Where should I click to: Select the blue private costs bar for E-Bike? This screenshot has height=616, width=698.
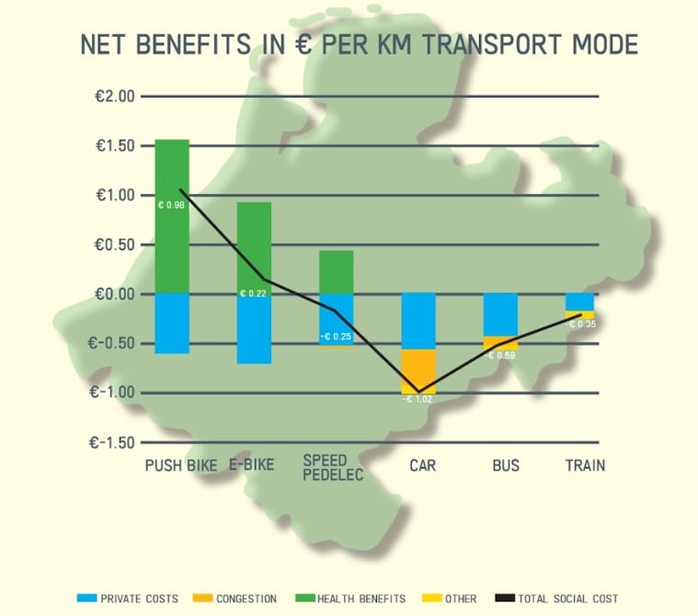[255, 329]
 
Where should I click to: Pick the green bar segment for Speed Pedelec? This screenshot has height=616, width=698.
[337, 272]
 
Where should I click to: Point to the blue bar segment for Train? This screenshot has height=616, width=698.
[579, 302]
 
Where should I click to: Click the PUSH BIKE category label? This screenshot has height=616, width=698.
[181, 465]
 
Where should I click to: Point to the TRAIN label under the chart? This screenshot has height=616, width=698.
[585, 465]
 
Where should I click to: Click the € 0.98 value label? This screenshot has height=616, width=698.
[172, 204]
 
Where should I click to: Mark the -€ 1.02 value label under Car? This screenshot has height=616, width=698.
[418, 398]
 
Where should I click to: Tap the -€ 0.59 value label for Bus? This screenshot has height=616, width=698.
[501, 355]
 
